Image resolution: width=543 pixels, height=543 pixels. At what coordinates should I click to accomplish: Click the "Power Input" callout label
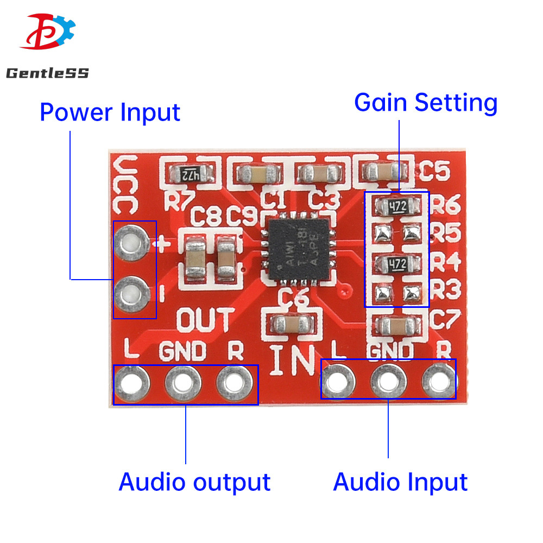click(x=110, y=112)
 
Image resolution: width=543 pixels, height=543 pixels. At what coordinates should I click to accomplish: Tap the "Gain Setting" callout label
click(x=426, y=103)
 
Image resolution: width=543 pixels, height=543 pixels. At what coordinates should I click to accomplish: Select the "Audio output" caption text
click(x=194, y=482)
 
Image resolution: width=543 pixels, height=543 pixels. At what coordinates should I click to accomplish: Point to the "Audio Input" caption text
click(x=400, y=482)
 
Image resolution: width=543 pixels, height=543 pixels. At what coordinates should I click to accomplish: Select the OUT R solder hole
click(x=236, y=383)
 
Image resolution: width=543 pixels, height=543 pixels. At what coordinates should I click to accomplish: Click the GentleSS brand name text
click(x=47, y=73)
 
